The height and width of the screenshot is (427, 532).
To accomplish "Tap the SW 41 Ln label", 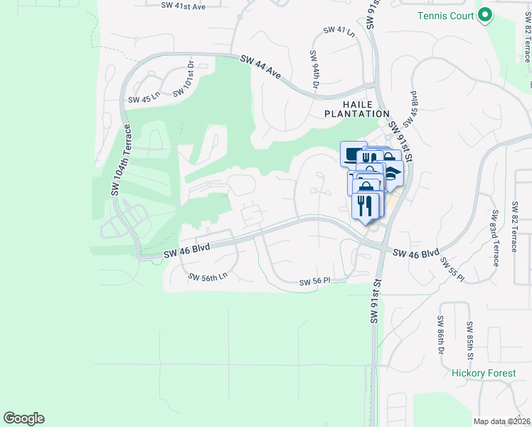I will tap(339, 30).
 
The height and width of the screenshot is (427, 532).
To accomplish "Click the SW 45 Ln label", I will tap(144, 100).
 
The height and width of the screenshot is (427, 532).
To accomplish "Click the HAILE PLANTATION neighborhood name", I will tap(357, 109).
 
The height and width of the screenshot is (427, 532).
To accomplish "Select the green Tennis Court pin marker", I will tap(486, 14).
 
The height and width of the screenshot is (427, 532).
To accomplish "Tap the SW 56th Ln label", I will tap(208, 277).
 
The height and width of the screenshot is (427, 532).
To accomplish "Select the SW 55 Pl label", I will tap(451, 266).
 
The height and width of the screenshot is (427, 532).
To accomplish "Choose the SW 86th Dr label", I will tap(441, 336).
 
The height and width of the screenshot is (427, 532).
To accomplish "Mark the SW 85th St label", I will tap(470, 339).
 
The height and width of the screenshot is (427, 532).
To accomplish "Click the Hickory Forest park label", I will tap(482, 373).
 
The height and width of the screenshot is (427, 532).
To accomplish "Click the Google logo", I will tap(23, 418).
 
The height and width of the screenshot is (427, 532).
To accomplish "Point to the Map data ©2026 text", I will tap(501, 421).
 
